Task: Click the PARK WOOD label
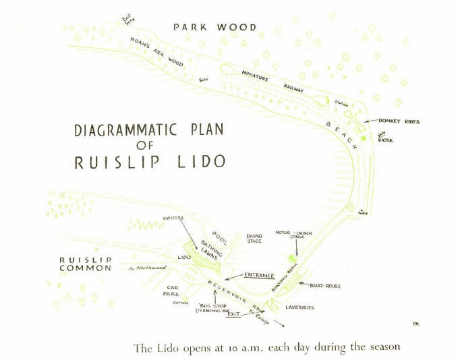pyautogui.click(x=214, y=27)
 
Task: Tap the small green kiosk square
pyautogui.click(x=364, y=138)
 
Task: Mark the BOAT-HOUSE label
pyautogui.click(x=325, y=286)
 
